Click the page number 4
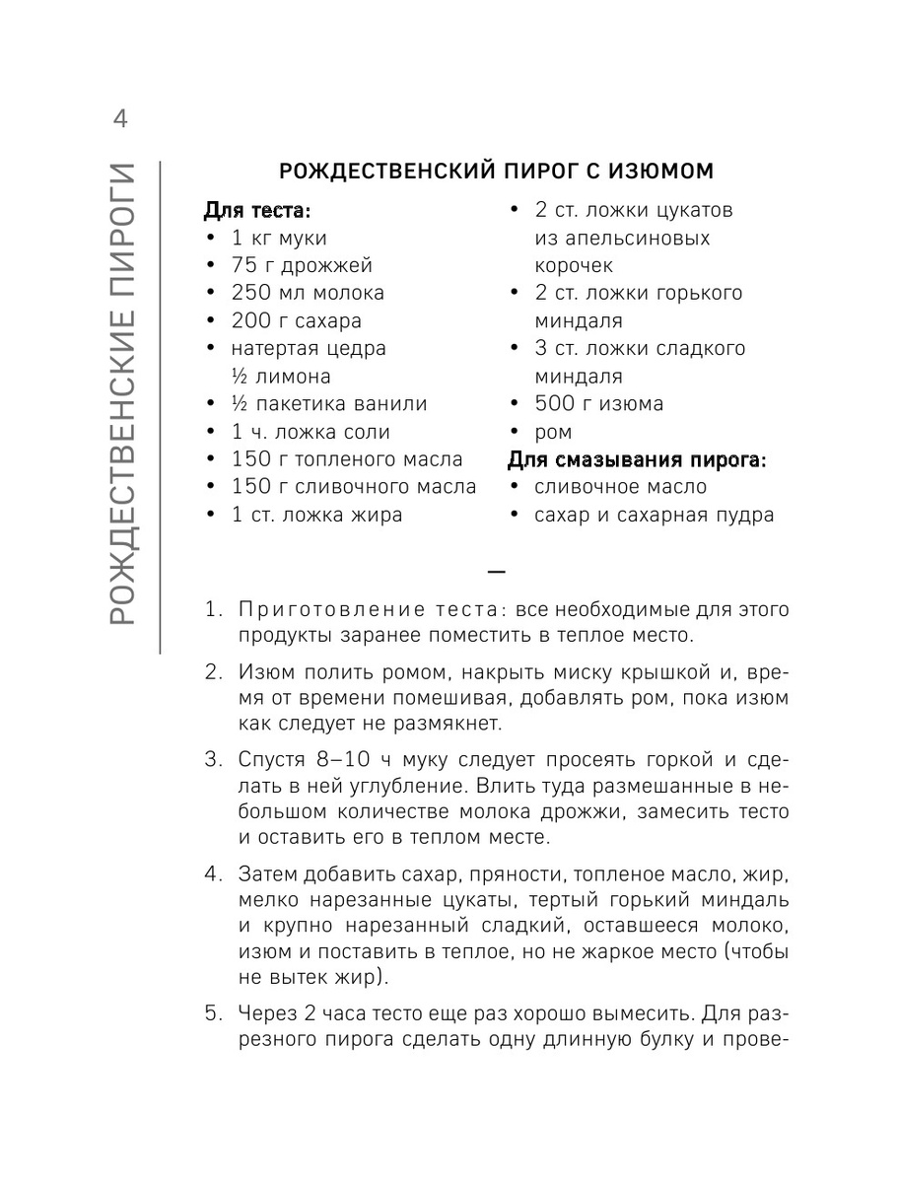tap(120, 120)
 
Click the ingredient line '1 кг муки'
tap(279, 238)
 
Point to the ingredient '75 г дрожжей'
tap(302, 265)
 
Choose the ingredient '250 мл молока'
tap(308, 293)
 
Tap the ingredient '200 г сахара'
tap(297, 320)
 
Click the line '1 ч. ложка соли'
tap(311, 432)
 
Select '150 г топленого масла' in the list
tap(347, 459)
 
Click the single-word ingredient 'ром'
tap(553, 432)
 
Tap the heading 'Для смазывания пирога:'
tap(636, 459)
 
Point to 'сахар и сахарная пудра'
tap(654, 515)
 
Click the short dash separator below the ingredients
tap(496, 571)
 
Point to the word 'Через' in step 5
tap(267, 1013)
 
